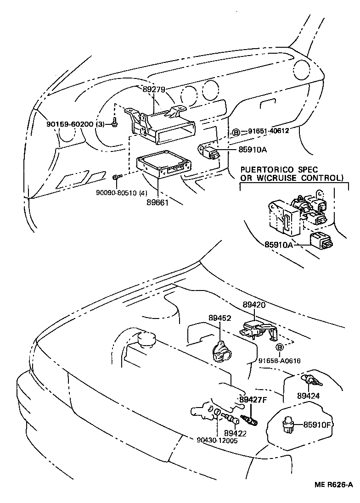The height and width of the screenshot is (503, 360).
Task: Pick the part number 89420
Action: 254,305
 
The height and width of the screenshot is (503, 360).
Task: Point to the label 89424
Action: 308,395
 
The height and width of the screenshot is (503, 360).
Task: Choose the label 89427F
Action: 252,400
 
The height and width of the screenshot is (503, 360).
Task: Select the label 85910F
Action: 317,425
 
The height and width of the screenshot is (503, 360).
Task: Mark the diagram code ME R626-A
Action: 333,485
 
